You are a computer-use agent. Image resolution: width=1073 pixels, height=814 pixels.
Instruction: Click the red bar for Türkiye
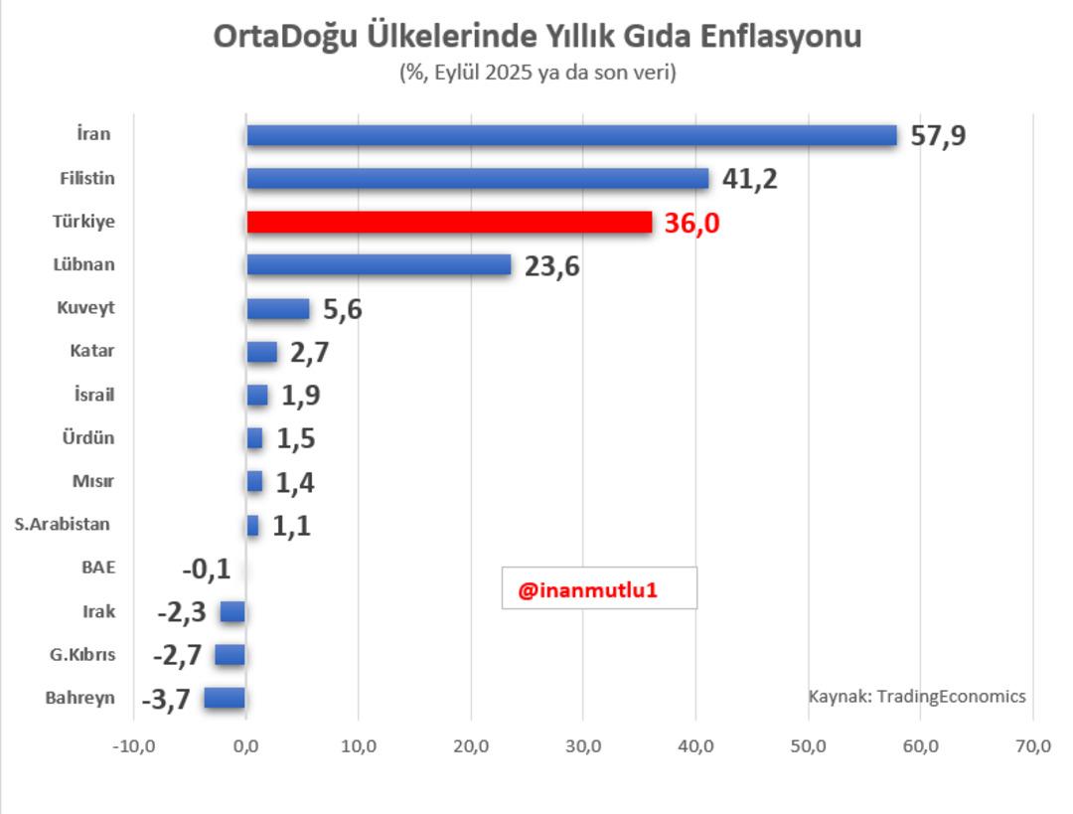pyautogui.click(x=449, y=222)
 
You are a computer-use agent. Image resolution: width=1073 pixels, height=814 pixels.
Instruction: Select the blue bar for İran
pyautogui.click(x=571, y=135)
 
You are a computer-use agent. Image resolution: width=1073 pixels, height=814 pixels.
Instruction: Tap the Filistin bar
pyautogui.click(x=477, y=179)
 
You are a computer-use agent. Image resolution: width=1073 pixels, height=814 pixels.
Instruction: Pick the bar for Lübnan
pyautogui.click(x=379, y=265)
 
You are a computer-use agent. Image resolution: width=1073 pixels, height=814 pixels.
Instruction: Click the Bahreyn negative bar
pyautogui.click(x=225, y=698)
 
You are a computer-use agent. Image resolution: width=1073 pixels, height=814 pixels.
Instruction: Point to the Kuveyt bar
pyautogui.click(x=278, y=309)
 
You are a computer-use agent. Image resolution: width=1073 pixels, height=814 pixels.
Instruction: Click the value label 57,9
pyautogui.click(x=938, y=136)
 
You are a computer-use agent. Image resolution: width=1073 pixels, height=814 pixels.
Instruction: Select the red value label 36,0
pyautogui.click(x=691, y=224)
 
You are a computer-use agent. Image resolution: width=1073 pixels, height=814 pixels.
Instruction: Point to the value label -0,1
pyautogui.click(x=206, y=570)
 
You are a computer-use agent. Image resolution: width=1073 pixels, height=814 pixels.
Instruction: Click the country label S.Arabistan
pyautogui.click(x=63, y=524)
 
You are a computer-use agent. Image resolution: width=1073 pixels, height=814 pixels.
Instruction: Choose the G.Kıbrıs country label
pyautogui.click(x=83, y=655)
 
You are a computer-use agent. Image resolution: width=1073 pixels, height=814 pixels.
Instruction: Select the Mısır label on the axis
pyautogui.click(x=92, y=481)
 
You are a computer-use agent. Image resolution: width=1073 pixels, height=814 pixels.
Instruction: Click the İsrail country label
pyautogui.click(x=94, y=395)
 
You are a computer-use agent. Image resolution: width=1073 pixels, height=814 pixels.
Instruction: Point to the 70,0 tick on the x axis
pyautogui.click(x=1033, y=746)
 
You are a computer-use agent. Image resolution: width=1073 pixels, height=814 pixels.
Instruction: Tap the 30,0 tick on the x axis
pyautogui.click(x=583, y=746)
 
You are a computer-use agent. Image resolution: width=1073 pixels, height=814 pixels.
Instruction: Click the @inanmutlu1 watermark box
pyautogui.click(x=598, y=588)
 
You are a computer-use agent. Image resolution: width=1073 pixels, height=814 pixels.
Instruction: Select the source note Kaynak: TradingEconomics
pyautogui.click(x=916, y=696)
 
